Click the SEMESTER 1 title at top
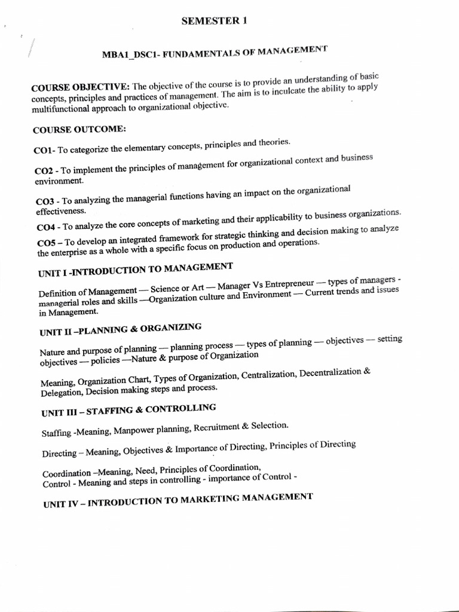coord(213,22)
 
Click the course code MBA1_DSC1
coord(128,54)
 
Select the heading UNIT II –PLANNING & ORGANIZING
coord(121,329)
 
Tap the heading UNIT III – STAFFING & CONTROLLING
coord(128,410)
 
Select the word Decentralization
coord(331,373)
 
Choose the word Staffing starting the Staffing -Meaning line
coord(57,432)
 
